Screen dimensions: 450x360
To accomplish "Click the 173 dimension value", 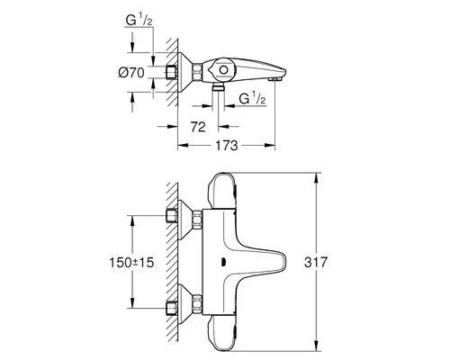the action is coord(227,146).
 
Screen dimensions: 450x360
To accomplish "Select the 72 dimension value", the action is coord(198,127).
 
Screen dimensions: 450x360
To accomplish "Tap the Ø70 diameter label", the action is coord(131,73).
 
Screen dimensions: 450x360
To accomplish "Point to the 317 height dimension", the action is coord(316,262).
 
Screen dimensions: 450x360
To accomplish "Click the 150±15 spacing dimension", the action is coord(131,263).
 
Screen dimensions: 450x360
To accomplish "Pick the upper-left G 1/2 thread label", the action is coord(139,20).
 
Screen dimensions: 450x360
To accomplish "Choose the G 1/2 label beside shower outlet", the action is coord(252,98).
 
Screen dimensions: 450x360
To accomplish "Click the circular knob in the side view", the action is coord(223,70).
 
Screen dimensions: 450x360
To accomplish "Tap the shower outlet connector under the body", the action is coord(219,87).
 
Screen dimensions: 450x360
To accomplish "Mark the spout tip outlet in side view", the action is coord(275,79).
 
